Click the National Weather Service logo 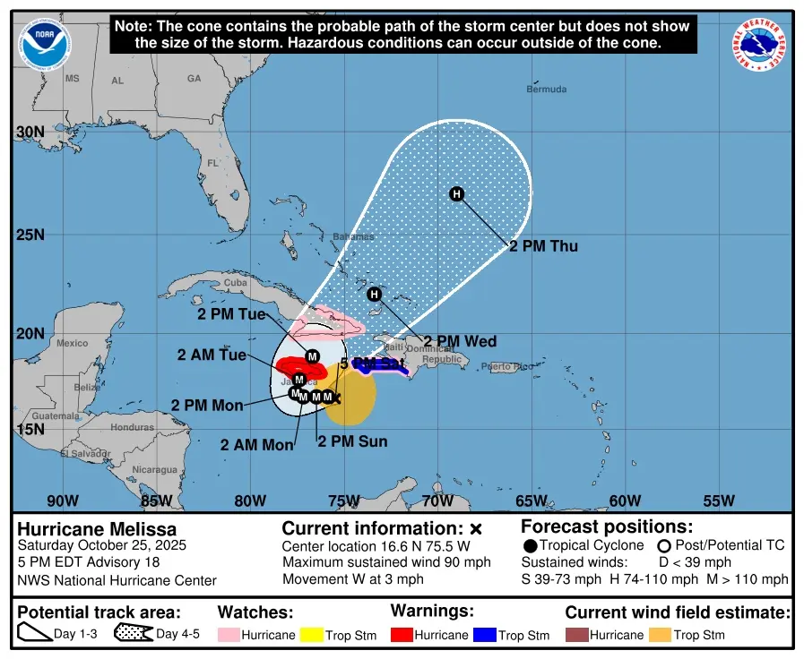coord(760,46)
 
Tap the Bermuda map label coord(546,90)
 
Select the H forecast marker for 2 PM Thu coord(456,194)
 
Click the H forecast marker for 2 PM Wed coord(375,295)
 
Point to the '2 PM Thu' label coord(543,246)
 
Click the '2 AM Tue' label coord(212,355)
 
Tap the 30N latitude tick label coord(30,133)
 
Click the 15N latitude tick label coord(30,429)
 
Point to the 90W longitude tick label coord(62,501)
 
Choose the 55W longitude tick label coord(718,501)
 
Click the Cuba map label coord(235,283)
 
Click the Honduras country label coord(133,427)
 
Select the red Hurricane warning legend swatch coord(402,635)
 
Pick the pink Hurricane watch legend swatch coord(229,635)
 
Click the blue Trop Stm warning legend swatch coord(485,635)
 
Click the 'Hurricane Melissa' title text coord(97,529)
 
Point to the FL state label coord(212,164)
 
